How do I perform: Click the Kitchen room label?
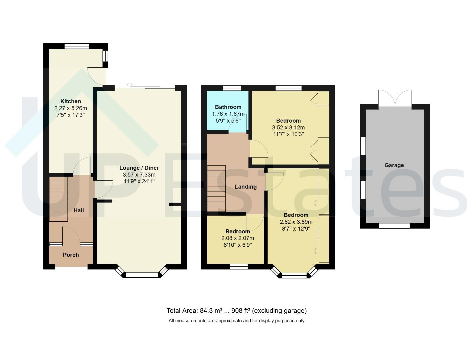tap(70, 101)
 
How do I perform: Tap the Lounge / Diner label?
tap(139, 168)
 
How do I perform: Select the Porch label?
tap(71, 255)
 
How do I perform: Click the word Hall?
tap(79, 210)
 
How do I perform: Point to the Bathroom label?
tap(228, 107)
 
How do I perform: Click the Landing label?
tap(245, 187)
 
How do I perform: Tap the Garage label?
tap(394, 165)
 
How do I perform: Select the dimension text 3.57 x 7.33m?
tap(139, 175)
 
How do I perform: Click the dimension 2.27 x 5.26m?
tap(70, 108)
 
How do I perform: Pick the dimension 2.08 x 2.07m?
tap(237, 238)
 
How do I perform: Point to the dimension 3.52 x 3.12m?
tap(288, 127)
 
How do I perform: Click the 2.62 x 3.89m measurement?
tap(296, 222)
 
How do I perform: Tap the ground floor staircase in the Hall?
tap(58, 199)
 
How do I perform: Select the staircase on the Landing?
tap(216, 189)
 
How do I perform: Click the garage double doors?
tap(395, 98)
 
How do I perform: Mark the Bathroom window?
tap(232, 88)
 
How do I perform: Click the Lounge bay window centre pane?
tap(142, 275)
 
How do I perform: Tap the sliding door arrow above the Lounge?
tap(130, 85)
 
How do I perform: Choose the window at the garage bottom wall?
tap(394, 226)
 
